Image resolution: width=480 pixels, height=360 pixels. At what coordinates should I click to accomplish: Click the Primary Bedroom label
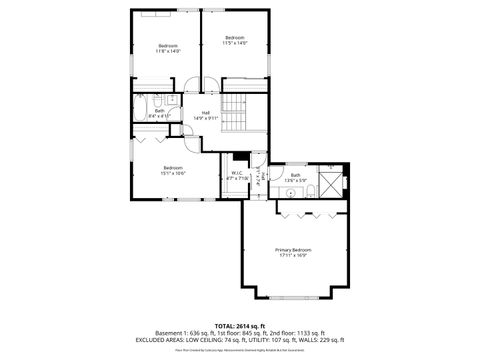[293, 249]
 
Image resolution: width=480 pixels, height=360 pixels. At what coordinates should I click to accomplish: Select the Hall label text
[206, 112]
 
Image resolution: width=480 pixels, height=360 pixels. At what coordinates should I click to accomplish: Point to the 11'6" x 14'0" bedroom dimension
[167, 51]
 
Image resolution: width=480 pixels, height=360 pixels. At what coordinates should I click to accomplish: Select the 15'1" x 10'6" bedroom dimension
[173, 173]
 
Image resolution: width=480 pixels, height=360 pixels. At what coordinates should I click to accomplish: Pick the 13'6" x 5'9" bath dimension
[295, 181]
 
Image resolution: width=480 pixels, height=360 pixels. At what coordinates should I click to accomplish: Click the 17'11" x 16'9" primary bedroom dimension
[293, 255]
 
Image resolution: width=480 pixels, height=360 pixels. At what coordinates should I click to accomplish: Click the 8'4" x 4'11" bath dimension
[160, 116]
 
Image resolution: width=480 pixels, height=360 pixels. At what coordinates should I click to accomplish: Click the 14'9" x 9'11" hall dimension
[206, 118]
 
